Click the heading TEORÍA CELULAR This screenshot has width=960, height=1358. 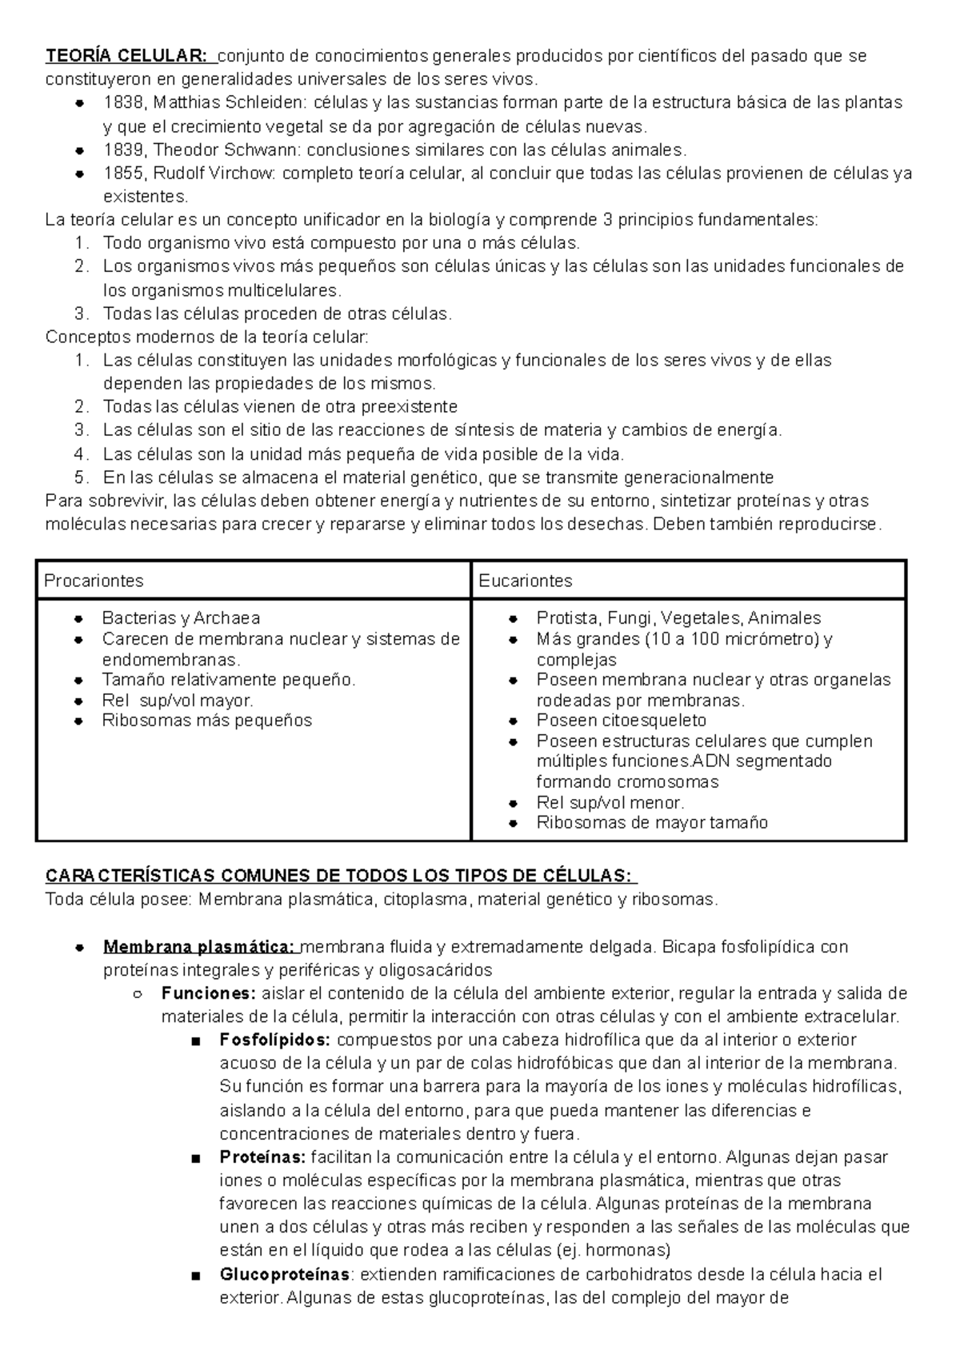(126, 56)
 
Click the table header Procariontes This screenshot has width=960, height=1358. (94, 581)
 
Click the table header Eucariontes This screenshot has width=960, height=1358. (526, 581)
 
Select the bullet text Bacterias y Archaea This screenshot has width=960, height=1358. (181, 618)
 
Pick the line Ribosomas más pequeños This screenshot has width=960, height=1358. (206, 720)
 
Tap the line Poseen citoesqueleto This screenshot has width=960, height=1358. (621, 720)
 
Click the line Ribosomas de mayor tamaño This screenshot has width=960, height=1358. (651, 822)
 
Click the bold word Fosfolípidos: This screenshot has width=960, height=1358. (274, 1040)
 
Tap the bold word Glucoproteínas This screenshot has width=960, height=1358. (283, 1274)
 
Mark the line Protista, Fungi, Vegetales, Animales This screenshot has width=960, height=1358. (678, 618)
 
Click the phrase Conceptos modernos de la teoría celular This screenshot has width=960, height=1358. (207, 337)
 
